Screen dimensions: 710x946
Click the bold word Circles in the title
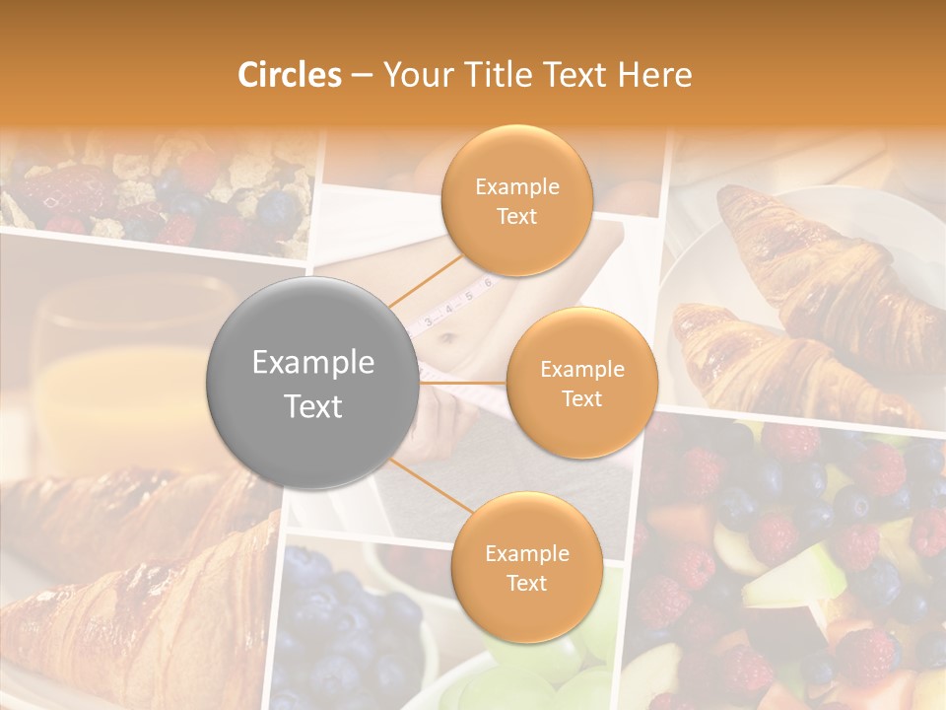tap(289, 75)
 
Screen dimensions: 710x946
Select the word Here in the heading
tap(656, 75)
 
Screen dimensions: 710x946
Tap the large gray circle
tap(312, 383)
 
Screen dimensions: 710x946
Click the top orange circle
tap(516, 200)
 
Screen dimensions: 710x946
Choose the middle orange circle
tap(581, 383)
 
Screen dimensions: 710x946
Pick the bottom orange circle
tap(526, 567)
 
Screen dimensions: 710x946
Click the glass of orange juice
tap(118, 375)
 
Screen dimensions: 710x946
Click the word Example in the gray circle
tap(312, 363)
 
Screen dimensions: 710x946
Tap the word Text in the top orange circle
tap(516, 216)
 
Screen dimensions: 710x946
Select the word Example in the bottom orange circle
tap(526, 553)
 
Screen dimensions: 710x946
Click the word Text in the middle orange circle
tap(581, 398)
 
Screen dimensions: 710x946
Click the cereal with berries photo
tap(158, 192)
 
